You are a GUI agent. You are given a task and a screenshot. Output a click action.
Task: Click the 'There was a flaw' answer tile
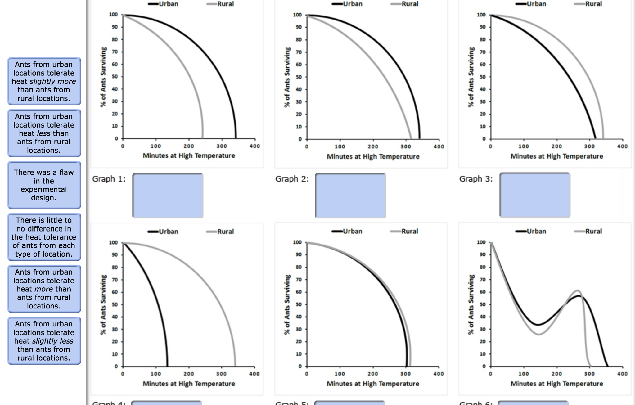click(x=44, y=185)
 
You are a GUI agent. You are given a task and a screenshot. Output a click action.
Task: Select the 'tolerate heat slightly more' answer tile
click(x=44, y=81)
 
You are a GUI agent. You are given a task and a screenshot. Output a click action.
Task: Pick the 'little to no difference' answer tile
click(x=44, y=237)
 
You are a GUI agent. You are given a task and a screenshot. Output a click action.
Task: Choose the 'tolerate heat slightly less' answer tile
click(x=44, y=341)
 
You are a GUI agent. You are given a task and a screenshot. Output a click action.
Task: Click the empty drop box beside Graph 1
click(x=168, y=196)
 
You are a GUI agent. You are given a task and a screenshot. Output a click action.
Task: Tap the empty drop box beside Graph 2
click(x=350, y=196)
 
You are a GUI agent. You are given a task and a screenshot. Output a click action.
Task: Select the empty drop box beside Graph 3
click(x=535, y=195)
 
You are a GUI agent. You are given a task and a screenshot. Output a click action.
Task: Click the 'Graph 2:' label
click(x=292, y=179)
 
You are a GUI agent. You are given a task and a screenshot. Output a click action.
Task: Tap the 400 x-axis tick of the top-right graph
click(x=622, y=146)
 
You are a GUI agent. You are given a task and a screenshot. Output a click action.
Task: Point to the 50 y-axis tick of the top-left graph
click(x=115, y=77)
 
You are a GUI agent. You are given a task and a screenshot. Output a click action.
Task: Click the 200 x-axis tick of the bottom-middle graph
click(x=373, y=374)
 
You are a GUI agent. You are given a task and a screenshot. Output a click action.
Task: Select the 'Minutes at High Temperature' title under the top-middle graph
click(x=373, y=156)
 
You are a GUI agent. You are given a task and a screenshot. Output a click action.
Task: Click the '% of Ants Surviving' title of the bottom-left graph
click(x=103, y=304)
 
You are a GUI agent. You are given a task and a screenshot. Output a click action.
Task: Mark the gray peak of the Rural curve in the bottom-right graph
click(x=577, y=291)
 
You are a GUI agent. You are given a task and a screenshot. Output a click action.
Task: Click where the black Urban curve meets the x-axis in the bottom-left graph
click(x=167, y=366)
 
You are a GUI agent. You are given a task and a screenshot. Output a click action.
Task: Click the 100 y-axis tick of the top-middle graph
click(x=297, y=15)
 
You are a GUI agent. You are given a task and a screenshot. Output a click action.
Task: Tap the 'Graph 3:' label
click(x=476, y=179)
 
